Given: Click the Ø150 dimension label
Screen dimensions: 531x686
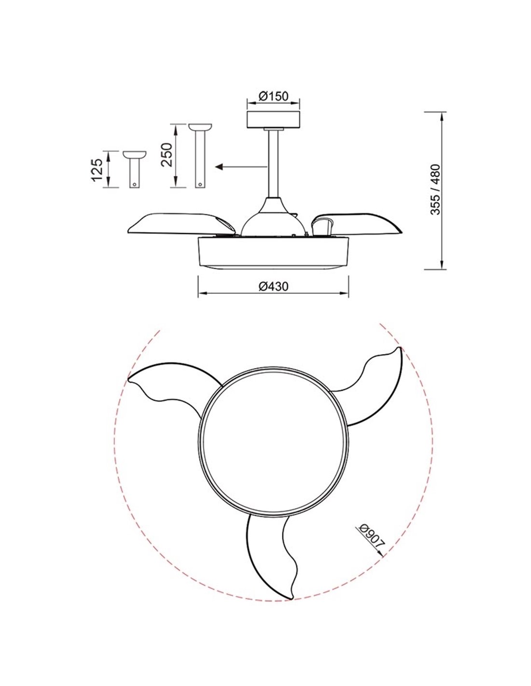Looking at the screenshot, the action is [x=273, y=96].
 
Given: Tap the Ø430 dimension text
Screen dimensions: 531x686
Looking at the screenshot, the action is [x=273, y=287].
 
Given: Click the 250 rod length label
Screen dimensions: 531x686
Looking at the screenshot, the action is [x=167, y=155].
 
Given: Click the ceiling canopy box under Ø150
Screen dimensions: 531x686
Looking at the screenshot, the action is [x=273, y=120].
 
